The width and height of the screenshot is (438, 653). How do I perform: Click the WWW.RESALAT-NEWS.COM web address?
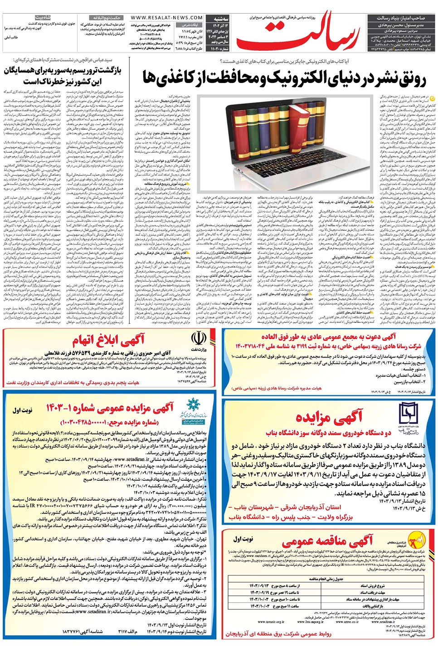coord(161,18)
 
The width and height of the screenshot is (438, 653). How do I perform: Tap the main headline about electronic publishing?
coord(285,78)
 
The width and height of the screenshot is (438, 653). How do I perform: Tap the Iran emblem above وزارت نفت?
coord(199,339)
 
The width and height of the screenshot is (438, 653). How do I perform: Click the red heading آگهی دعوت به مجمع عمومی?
coord(328,336)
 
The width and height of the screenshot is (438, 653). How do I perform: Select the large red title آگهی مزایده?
coord(329,417)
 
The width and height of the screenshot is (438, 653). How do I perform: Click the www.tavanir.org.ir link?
coord(272,622)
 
